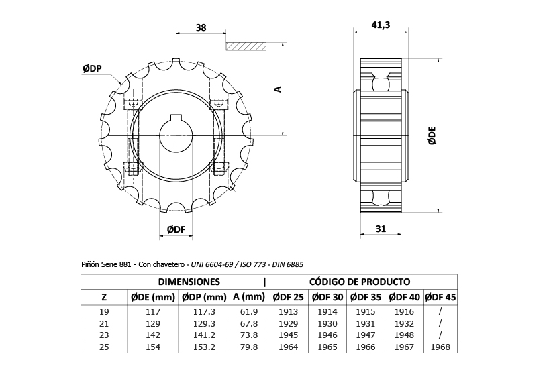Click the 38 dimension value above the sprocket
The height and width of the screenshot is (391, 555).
201,27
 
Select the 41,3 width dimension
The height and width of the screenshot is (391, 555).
381,25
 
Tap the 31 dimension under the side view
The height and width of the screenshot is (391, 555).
381,229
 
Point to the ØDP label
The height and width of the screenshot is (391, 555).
92,68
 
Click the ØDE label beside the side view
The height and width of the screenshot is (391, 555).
432,135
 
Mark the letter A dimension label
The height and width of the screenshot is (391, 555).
277,89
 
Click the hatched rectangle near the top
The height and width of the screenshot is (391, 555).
246,47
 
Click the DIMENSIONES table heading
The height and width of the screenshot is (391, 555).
189,282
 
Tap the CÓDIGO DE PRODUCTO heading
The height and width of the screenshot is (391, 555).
360,282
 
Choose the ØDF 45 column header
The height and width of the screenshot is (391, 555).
441,297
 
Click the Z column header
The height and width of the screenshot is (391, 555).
104,297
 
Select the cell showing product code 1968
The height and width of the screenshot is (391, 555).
441,347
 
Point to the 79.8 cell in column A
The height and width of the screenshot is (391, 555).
249,347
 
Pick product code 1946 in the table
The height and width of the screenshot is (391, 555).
328,335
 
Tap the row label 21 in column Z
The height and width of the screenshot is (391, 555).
104,324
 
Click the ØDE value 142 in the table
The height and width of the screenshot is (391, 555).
152,335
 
